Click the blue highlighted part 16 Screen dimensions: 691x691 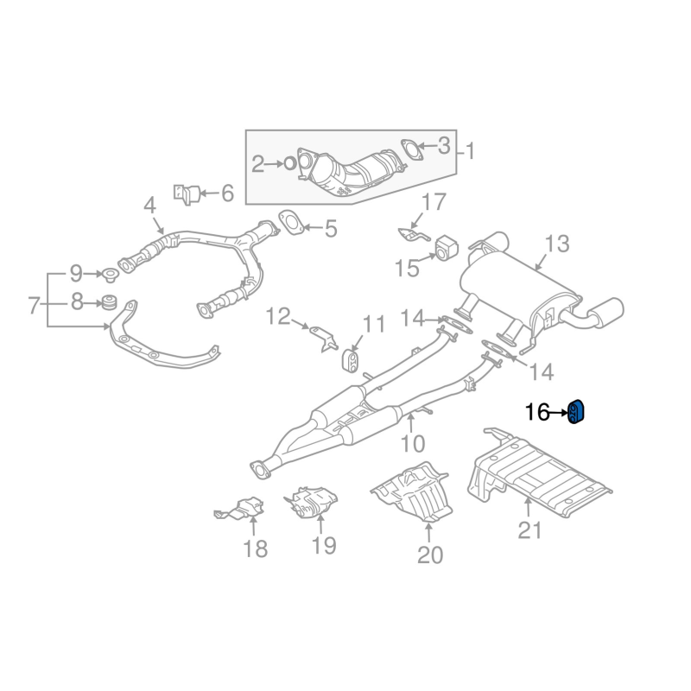pyautogui.click(x=578, y=412)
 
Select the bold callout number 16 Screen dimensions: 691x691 pyautogui.click(x=536, y=413)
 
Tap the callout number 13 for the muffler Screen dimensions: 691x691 pyautogui.click(x=557, y=244)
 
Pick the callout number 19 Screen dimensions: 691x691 pyautogui.click(x=323, y=545)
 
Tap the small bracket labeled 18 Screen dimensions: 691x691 pyautogui.click(x=240, y=510)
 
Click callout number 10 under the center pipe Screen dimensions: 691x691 pyautogui.click(x=413, y=444)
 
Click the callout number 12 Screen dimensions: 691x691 pyautogui.click(x=278, y=317)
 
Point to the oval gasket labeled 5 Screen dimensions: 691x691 pyautogui.click(x=291, y=223)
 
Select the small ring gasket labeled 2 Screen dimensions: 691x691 pyautogui.click(x=290, y=162)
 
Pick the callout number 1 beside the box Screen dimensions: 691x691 pyautogui.click(x=471, y=151)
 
